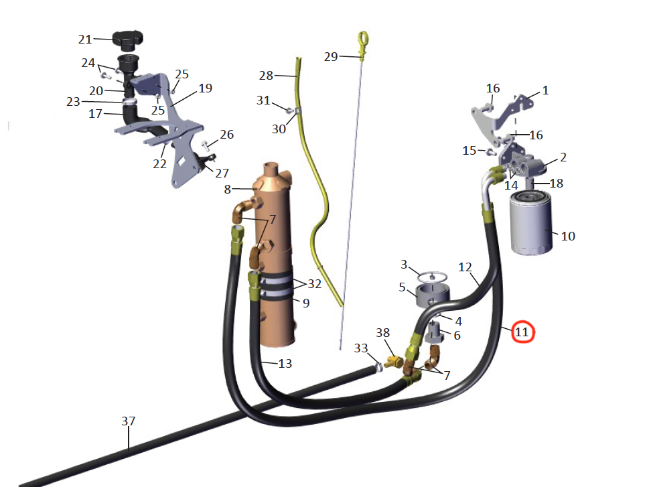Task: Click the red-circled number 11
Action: pos(522,331)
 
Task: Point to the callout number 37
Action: pos(128,421)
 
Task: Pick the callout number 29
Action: pos(331,57)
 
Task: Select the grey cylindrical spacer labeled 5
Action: pos(432,295)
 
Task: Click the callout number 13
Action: pos(285,364)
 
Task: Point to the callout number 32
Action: pos(314,283)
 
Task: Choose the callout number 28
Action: pos(267,75)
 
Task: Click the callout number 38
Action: pos(382,333)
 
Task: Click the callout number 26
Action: pos(227,135)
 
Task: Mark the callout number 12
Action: pos(465,267)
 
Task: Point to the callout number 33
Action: pos(361,348)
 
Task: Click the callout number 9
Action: pos(305,303)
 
